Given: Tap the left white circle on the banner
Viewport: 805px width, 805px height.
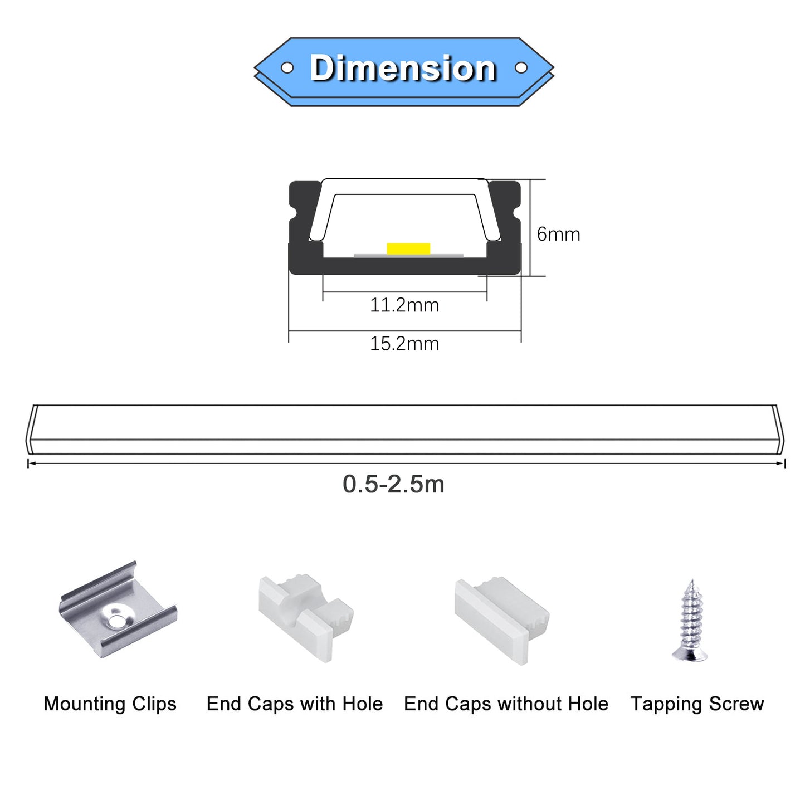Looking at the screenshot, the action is pos(287,67).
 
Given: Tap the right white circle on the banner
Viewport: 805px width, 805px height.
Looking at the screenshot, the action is pos(520,67).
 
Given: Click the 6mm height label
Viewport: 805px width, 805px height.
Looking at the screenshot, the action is pos(558,235).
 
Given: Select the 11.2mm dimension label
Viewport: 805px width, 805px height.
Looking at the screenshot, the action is pos(404,305).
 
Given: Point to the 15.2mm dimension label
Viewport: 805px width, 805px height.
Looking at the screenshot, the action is pos(404,344).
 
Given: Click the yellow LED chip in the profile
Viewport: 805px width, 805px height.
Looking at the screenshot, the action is pos(408,248).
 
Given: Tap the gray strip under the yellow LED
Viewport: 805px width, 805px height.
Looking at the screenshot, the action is pos(408,256).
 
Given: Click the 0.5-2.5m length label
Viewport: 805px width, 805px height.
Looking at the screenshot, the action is pos(393,485).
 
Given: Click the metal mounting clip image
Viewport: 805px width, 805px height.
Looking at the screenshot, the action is pos(118,610).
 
